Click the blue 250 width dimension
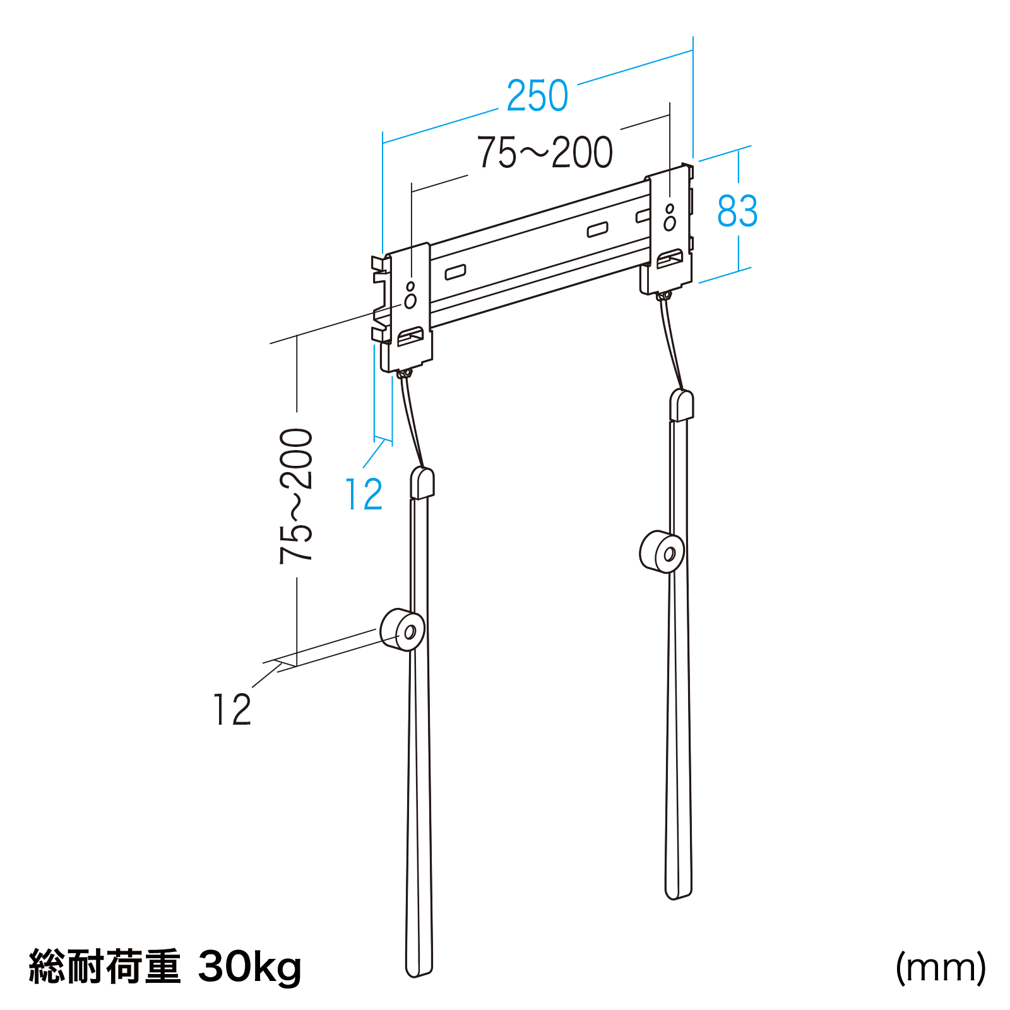coord(537,96)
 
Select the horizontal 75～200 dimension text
coord(545,152)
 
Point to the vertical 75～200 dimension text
coord(296,496)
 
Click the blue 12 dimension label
coord(364,494)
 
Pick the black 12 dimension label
coord(232,710)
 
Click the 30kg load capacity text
coord(250,967)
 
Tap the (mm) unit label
coord(941,968)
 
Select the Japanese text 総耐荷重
coord(105,966)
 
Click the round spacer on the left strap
coord(402,629)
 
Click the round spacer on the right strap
coord(662,552)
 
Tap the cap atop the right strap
coord(682,405)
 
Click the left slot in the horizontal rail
coord(455,272)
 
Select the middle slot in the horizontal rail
coord(597,229)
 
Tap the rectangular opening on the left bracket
coord(410,336)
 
